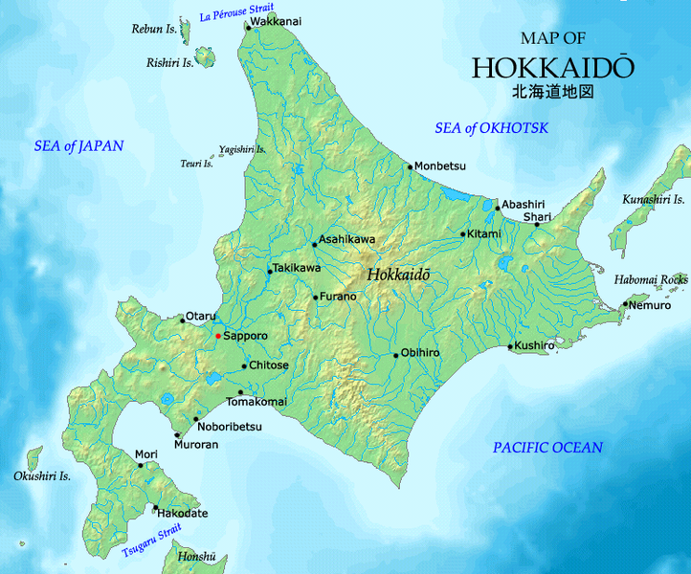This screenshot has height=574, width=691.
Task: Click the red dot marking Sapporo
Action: tap(217, 337)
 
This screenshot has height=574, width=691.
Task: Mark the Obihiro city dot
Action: tap(395, 356)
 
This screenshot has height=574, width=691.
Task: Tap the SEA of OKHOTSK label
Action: tap(492, 128)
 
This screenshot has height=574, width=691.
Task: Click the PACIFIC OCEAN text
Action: tap(547, 448)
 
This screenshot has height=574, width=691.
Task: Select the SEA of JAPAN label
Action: tap(79, 146)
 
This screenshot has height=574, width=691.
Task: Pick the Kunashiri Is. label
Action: tap(654, 200)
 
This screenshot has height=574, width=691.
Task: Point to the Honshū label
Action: tap(197, 558)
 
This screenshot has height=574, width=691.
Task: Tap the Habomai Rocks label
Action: tap(651, 279)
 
